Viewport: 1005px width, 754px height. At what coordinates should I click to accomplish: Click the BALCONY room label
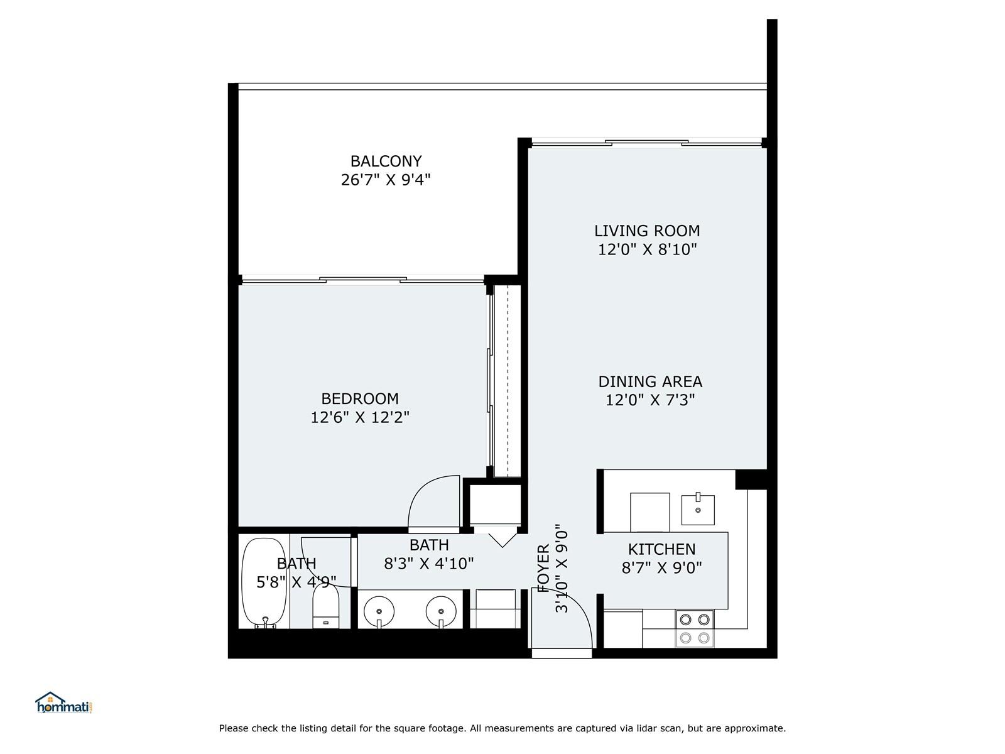386,161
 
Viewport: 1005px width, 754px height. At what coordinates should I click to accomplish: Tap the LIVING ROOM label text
647,231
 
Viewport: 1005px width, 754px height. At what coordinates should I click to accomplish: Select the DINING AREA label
650,381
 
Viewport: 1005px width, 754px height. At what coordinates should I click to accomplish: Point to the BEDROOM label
360,399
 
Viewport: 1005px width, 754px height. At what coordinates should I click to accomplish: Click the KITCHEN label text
661,549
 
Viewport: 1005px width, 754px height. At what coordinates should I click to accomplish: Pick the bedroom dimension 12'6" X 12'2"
360,417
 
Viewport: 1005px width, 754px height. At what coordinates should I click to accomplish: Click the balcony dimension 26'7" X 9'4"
386,180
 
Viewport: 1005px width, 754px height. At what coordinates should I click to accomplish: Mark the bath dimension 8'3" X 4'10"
428,564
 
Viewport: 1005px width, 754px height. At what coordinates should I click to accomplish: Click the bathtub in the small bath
264,582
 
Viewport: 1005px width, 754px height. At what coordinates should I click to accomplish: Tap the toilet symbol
325,606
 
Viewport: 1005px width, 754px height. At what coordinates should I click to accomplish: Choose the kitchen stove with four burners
694,628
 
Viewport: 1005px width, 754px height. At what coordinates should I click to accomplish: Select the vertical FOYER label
543,569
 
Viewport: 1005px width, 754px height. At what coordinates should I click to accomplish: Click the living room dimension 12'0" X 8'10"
648,249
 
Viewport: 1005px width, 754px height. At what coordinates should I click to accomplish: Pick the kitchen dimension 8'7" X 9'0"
661,567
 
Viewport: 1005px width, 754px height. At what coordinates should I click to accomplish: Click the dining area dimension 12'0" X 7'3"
650,400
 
